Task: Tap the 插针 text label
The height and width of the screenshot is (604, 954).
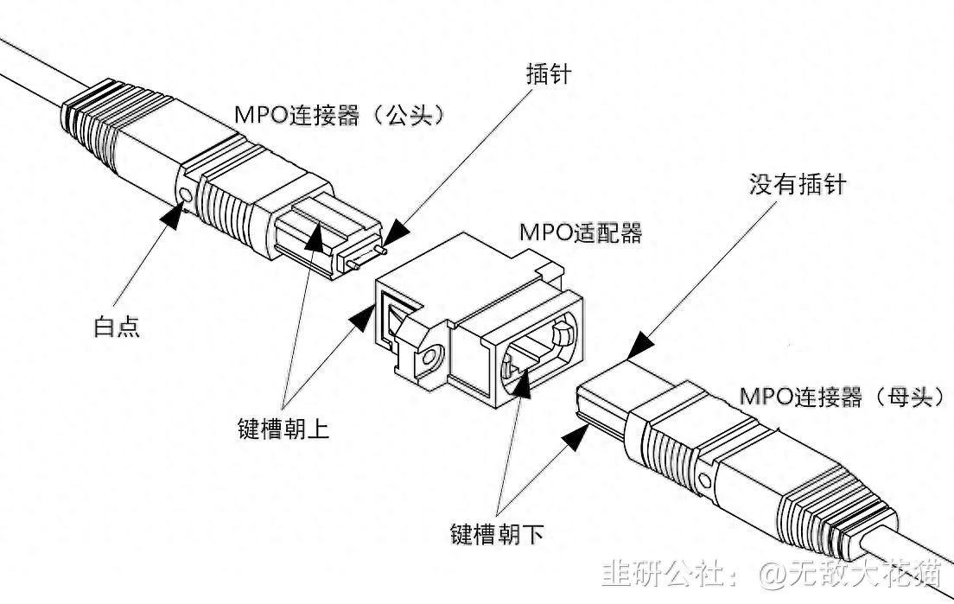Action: coord(548,74)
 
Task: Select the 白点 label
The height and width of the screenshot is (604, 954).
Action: coord(117,327)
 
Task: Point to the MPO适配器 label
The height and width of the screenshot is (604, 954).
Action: coord(580,232)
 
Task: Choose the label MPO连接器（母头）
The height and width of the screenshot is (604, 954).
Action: coord(843,397)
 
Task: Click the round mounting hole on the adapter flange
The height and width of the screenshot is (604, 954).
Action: coord(429,354)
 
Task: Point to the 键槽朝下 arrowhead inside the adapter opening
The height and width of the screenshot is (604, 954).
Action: coord(521,385)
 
